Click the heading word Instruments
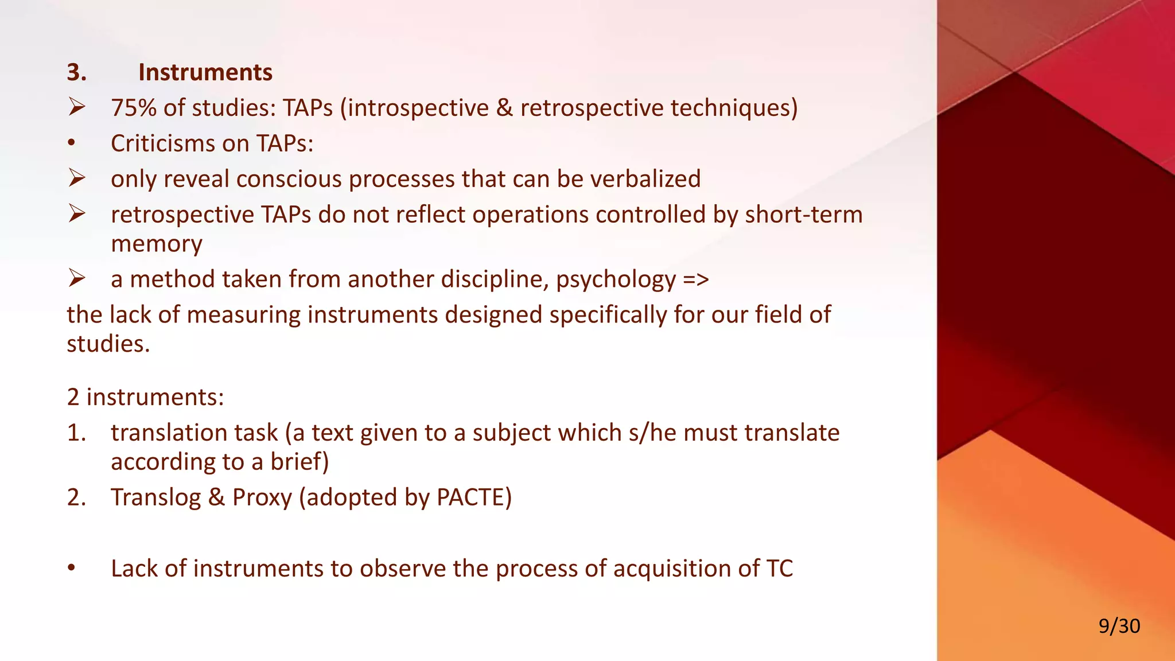205,72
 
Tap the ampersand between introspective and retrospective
504,108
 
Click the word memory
156,244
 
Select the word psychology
616,280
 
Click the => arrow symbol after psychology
696,280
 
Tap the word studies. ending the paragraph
108,344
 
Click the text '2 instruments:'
145,397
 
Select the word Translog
155,497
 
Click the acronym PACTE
473,497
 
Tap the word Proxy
262,497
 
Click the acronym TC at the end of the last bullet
779,569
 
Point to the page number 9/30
1119,626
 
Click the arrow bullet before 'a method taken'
77,279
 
